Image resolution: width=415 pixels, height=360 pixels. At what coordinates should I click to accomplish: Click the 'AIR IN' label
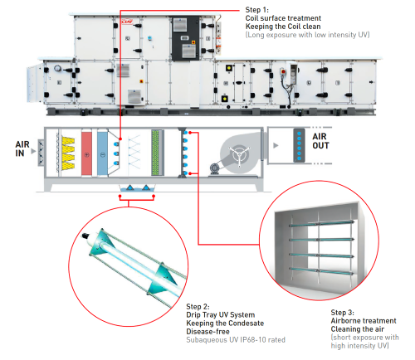pyautogui.click(x=26, y=148)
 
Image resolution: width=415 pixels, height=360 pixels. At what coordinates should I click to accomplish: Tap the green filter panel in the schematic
pyautogui.click(x=156, y=154)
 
